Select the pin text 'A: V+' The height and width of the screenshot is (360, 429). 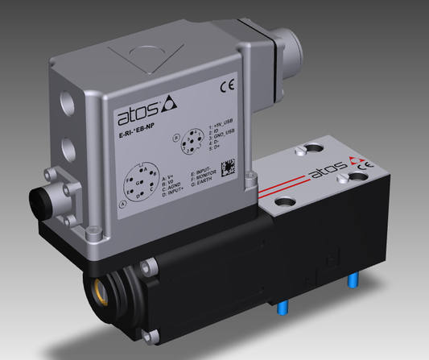pos(167,175)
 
